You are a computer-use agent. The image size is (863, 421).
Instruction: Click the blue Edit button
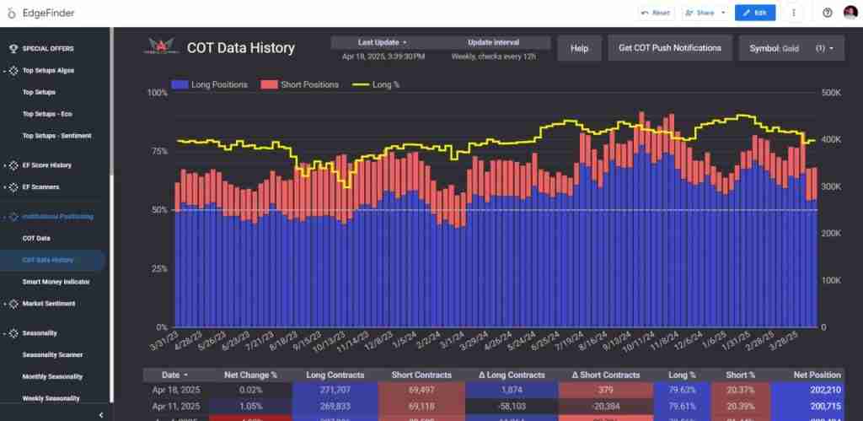[755, 13]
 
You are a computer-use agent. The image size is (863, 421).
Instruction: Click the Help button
[579, 48]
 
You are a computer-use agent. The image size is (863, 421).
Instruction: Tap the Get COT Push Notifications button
[670, 48]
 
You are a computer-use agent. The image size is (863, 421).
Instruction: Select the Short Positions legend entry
[299, 84]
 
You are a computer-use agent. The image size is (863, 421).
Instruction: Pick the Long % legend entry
[375, 84]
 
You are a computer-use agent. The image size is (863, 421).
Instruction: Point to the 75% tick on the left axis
[158, 151]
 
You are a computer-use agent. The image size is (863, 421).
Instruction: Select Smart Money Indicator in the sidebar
[56, 282]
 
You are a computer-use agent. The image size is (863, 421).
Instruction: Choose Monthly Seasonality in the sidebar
[52, 376]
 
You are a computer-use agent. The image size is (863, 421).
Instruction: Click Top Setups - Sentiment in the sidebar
[56, 135]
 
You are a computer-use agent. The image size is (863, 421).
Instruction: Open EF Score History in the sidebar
[46, 165]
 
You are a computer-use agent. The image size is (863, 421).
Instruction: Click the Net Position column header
[817, 375]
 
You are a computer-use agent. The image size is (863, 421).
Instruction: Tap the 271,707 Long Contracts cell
[335, 391]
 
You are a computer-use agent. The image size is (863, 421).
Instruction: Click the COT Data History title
[240, 48]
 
